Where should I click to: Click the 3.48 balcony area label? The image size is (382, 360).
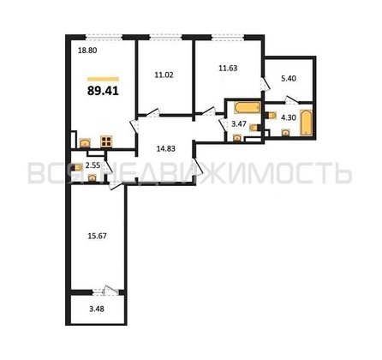tap(87, 309)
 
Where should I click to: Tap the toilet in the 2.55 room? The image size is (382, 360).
tap(92, 176)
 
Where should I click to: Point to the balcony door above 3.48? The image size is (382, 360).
tap(103, 289)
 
